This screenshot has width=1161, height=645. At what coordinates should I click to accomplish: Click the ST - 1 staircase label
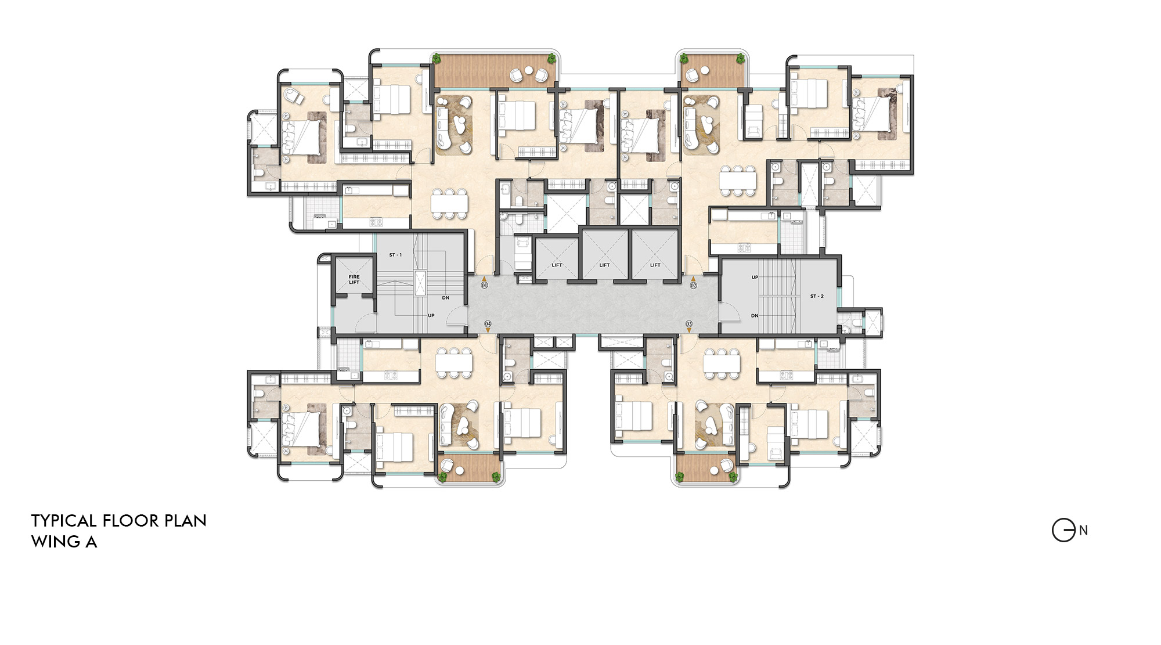pyautogui.click(x=395, y=255)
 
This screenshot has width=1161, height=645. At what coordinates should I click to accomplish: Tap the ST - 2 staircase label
pyautogui.click(x=817, y=296)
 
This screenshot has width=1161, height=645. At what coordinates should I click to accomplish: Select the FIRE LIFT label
pyautogui.click(x=354, y=279)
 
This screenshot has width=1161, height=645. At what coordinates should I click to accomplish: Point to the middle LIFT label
pyautogui.click(x=604, y=265)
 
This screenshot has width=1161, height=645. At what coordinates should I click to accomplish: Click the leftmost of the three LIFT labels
pyautogui.click(x=557, y=265)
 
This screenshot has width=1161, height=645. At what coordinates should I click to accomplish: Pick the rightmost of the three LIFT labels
pyautogui.click(x=655, y=265)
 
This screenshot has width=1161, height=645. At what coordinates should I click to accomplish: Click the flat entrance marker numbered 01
pyautogui.click(x=485, y=285)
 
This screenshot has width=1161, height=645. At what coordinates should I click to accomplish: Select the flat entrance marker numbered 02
pyautogui.click(x=693, y=285)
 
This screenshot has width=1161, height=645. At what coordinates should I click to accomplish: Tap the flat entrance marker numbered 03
pyautogui.click(x=689, y=324)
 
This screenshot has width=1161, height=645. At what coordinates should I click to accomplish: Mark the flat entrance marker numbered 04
pyautogui.click(x=488, y=324)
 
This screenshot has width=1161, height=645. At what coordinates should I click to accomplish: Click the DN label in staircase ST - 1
pyautogui.click(x=446, y=298)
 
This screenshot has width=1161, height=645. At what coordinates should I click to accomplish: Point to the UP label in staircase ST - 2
pyautogui.click(x=755, y=277)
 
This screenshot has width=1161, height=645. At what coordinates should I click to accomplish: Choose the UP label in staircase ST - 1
pyautogui.click(x=431, y=315)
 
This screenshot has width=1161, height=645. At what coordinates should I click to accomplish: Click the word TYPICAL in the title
pyautogui.click(x=64, y=521)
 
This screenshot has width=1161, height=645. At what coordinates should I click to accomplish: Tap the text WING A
pyautogui.click(x=64, y=542)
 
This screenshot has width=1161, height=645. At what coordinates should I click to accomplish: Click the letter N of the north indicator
pyautogui.click(x=1083, y=530)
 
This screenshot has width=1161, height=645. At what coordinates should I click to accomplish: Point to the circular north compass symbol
pyautogui.click(x=1063, y=530)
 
